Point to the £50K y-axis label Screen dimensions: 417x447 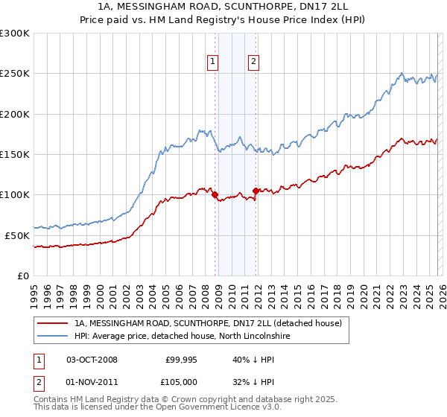pos(17,235)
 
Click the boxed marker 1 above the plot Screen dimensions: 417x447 pos(213,62)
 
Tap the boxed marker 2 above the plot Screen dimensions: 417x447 pos(253,62)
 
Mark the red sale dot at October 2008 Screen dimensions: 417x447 pos(215,195)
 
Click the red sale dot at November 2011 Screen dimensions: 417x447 pos(256,191)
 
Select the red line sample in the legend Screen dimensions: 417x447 pos(52,323)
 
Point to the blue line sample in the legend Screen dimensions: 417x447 pos(52,337)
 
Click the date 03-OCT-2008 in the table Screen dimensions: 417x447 pos(92,360)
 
